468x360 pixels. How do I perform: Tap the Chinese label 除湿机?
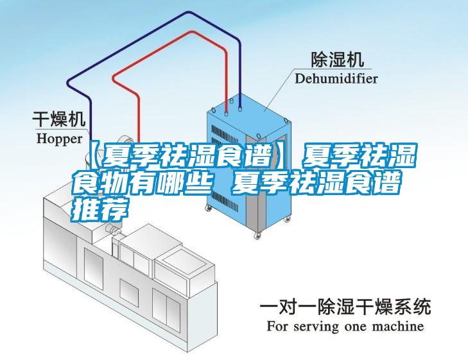(336, 60)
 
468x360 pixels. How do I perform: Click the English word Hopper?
(58, 137)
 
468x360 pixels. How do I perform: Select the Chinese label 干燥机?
(59, 119)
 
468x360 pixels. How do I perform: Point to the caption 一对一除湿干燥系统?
(345, 307)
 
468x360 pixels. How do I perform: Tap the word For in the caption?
(277, 326)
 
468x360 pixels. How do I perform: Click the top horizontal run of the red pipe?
(173, 49)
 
